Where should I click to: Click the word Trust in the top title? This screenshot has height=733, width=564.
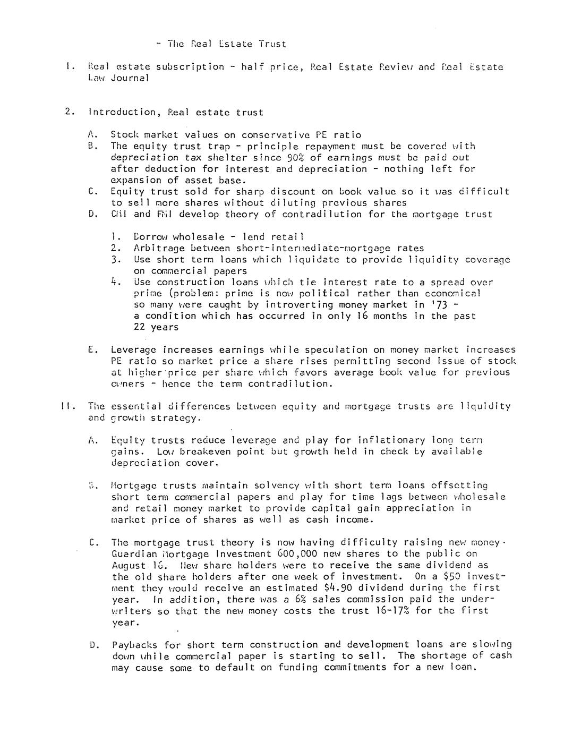coord(272,44)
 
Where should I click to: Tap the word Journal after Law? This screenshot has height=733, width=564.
coord(129,78)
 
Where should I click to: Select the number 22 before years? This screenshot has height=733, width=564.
coord(140,327)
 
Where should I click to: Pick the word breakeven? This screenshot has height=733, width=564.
coord(209,451)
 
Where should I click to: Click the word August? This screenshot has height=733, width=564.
coord(129,566)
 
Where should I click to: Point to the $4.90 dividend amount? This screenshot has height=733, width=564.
coord(336,588)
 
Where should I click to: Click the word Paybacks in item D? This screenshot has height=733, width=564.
coord(135,645)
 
